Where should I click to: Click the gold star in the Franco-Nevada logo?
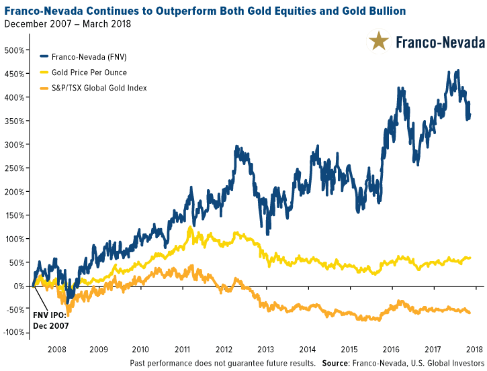379,42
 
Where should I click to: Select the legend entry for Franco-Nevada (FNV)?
87,57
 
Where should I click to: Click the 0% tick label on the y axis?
20,286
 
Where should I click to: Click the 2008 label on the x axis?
57,350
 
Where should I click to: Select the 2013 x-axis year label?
265,350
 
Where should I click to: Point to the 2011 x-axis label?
182,350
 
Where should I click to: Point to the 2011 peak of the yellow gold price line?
190,228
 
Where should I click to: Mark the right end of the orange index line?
469,313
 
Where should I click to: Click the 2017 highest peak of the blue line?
457,70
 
